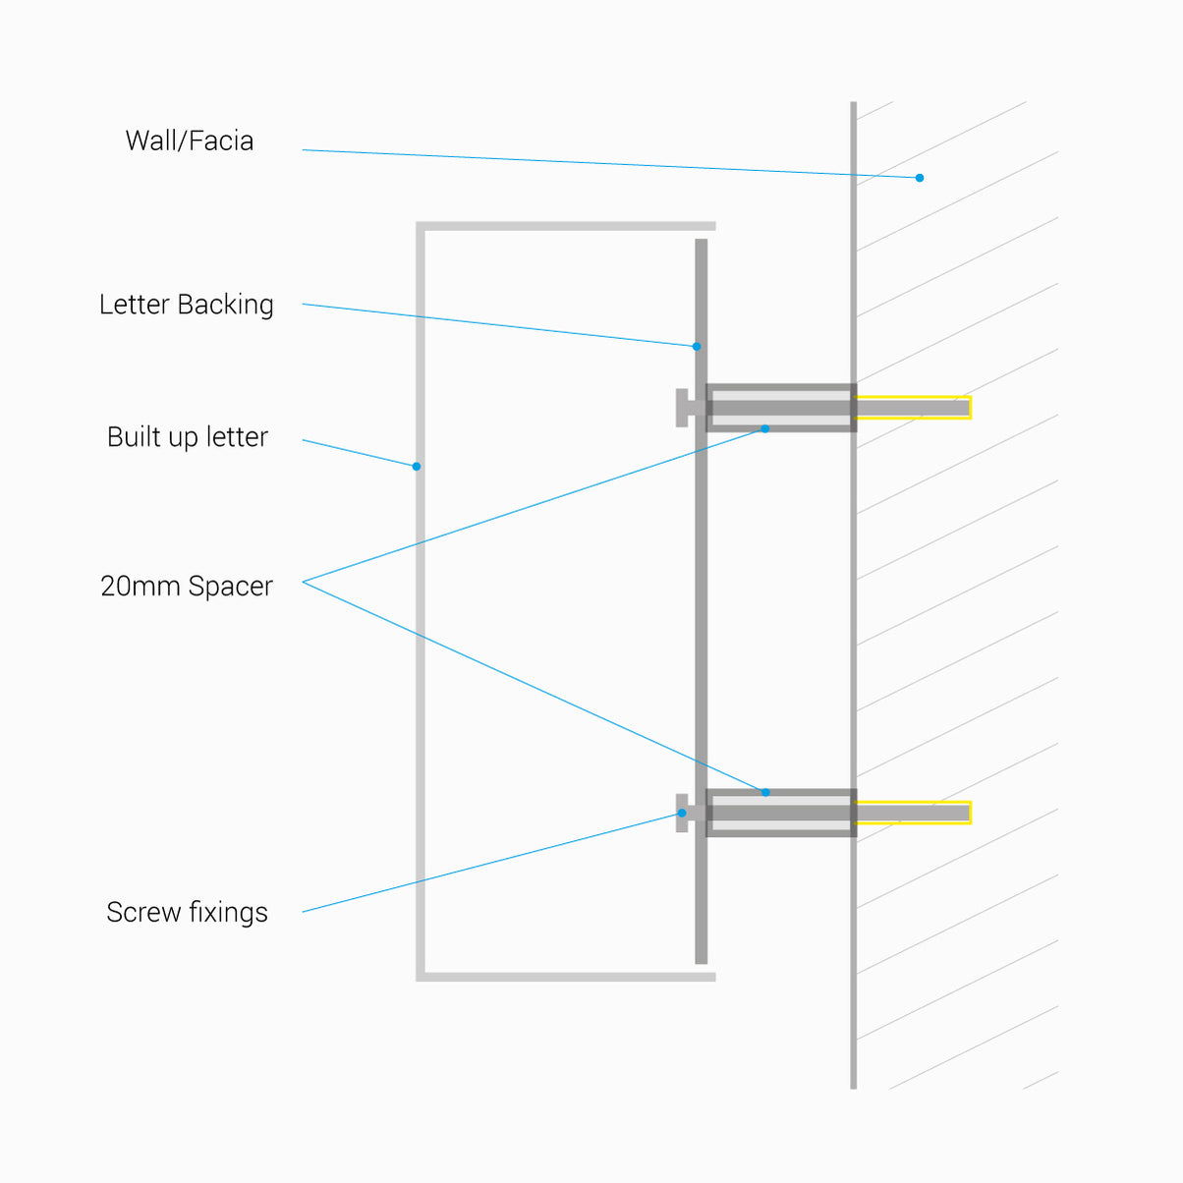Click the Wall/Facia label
189,141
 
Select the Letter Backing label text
186,305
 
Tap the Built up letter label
187,437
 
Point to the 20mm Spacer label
186,587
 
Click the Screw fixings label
187,913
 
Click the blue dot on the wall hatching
920,178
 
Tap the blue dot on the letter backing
697,346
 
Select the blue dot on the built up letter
417,467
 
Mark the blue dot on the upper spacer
765,428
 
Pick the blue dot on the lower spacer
765,792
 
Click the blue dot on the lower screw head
682,813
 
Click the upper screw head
682,408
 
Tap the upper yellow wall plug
914,408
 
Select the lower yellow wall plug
914,813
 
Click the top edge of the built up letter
565,226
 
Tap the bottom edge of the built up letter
565,977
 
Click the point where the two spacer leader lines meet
304,582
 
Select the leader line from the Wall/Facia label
609,163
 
